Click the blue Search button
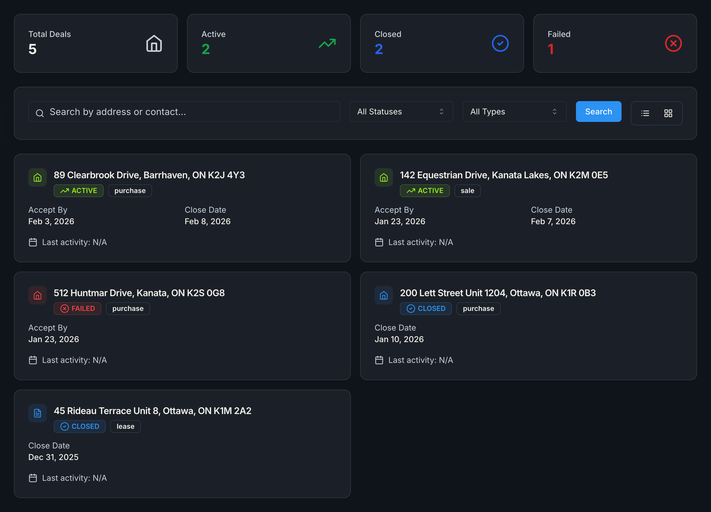598,112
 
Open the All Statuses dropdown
401,112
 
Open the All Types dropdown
514,112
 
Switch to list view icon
645,113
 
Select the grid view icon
668,113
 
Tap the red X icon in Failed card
673,43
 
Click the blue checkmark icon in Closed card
500,43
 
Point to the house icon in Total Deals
154,43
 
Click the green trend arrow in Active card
327,43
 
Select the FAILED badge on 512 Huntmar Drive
77,309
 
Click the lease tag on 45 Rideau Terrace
126,426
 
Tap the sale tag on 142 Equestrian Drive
467,190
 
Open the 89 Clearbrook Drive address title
149,175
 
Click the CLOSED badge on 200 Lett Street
425,309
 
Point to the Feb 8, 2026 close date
207,221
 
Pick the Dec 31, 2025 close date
53,457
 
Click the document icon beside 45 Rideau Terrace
38,413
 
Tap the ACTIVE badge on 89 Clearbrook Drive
78,190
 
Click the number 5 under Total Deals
33,49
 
